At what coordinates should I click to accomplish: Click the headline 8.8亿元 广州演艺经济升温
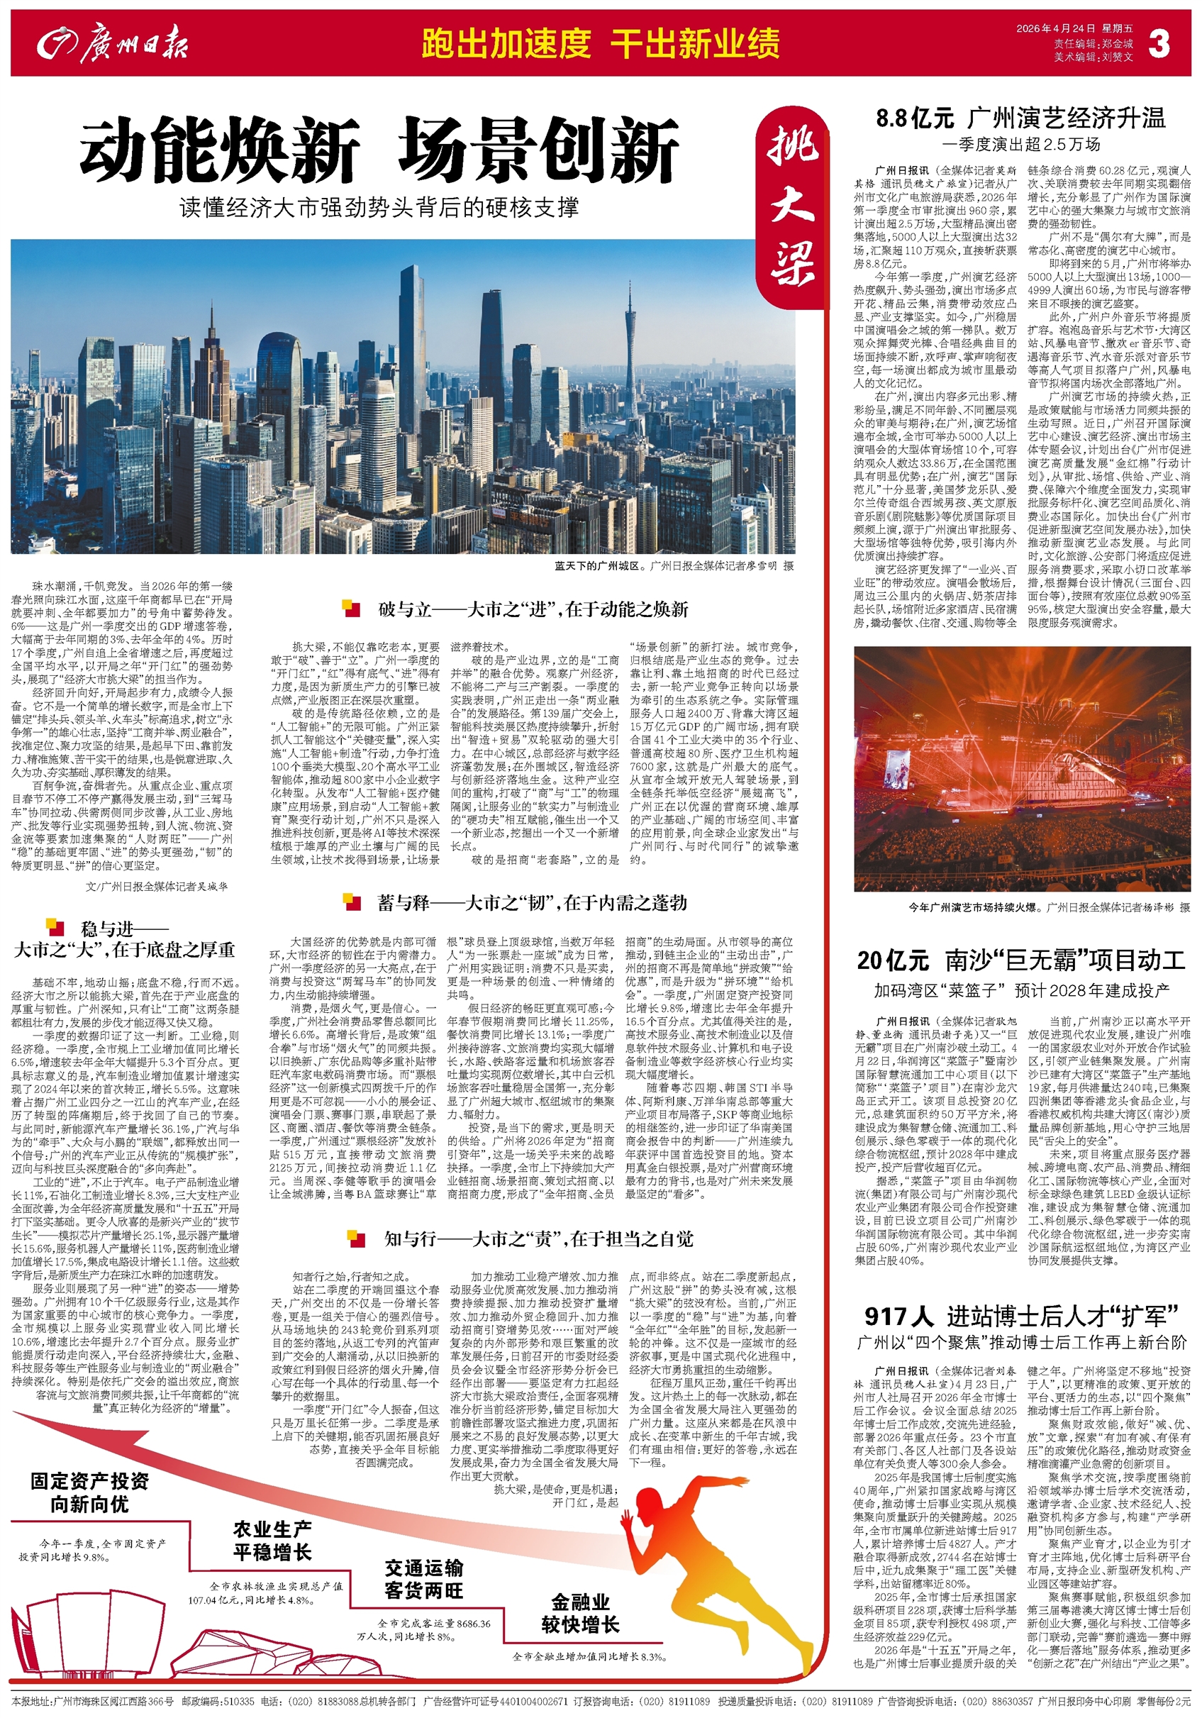[x=1021, y=118]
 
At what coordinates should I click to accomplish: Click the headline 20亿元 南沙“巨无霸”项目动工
[x=1021, y=960]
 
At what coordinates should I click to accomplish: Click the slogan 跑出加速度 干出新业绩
[x=600, y=43]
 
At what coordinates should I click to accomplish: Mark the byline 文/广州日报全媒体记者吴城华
[x=156, y=886]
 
